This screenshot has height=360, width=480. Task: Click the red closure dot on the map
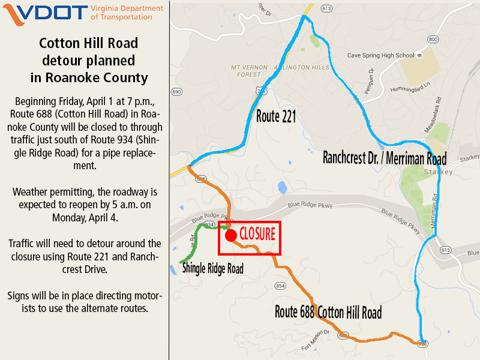click(230, 235)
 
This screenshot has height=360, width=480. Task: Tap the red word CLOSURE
click(257, 233)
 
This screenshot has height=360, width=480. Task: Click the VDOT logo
click(45, 13)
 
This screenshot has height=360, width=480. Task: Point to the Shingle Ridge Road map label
click(213, 268)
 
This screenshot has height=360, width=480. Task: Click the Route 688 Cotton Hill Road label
click(328, 313)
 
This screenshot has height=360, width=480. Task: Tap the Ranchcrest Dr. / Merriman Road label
click(385, 159)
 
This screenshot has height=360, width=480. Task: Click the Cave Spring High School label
click(381, 56)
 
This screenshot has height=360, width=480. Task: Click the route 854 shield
click(280, 286)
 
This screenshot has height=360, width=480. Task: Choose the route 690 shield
click(176, 92)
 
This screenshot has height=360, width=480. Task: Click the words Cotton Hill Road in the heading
click(89, 43)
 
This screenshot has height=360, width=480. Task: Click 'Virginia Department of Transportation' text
click(127, 13)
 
